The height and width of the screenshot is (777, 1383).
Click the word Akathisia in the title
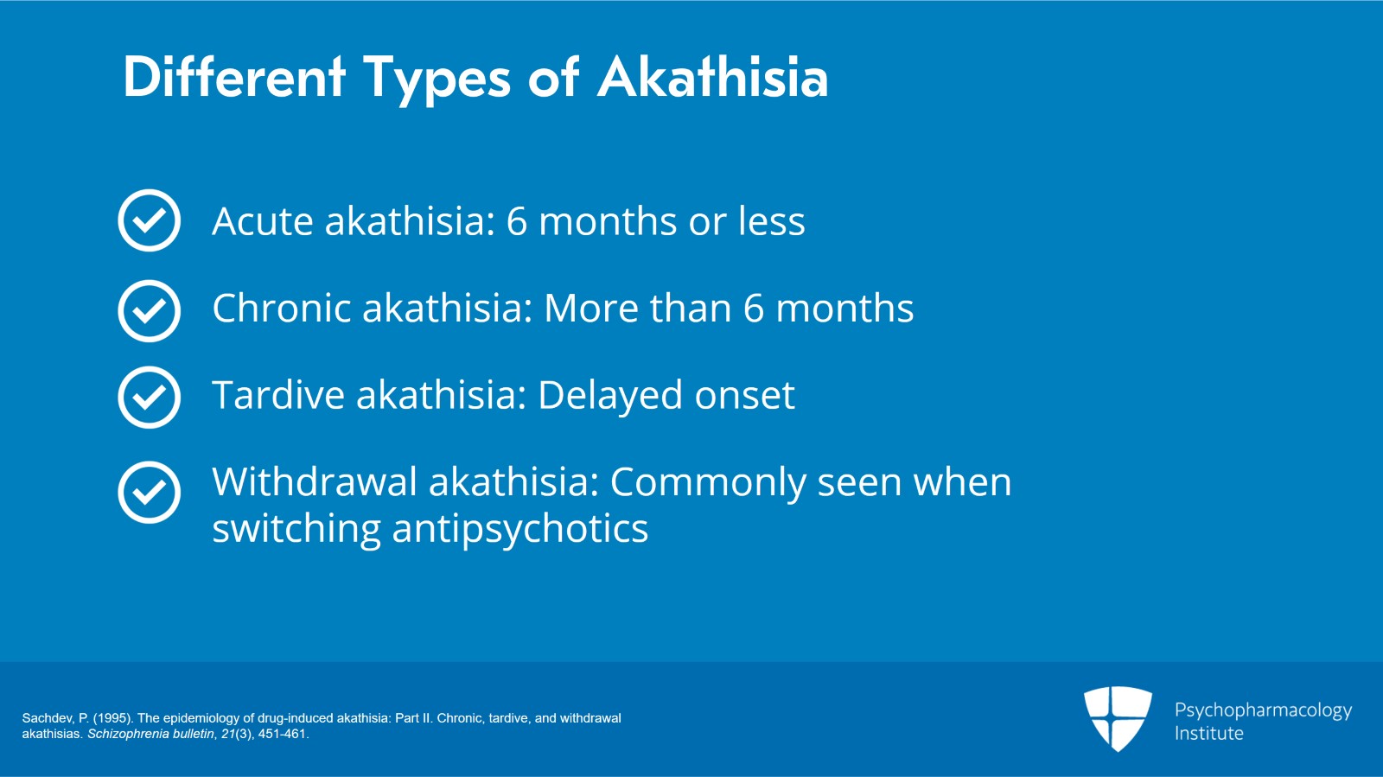pyautogui.click(x=712, y=77)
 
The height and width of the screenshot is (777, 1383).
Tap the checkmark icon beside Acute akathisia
pyautogui.click(x=150, y=220)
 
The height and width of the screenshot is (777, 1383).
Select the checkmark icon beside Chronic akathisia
pyautogui.click(x=150, y=310)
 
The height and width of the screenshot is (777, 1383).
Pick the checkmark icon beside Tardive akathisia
pyautogui.click(x=150, y=398)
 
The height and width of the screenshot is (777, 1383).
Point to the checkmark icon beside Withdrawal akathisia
pyautogui.click(x=150, y=493)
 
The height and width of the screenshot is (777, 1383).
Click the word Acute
pyautogui.click(x=263, y=221)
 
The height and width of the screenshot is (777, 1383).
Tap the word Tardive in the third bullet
pyautogui.click(x=278, y=394)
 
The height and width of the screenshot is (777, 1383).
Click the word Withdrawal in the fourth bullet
pyautogui.click(x=315, y=481)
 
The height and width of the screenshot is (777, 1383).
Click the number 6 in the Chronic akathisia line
pyautogui.click(x=753, y=308)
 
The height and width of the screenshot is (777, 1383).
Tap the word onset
pyautogui.click(x=744, y=396)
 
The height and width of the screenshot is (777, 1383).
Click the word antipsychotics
pyautogui.click(x=520, y=530)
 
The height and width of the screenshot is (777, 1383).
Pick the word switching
pyautogui.click(x=296, y=530)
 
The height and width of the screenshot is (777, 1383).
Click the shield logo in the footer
pyautogui.click(x=1119, y=718)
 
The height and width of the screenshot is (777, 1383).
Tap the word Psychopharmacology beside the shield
pyautogui.click(x=1263, y=711)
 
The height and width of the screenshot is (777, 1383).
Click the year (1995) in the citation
pyautogui.click(x=113, y=718)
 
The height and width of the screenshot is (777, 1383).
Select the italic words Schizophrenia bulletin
pyautogui.click(x=150, y=734)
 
